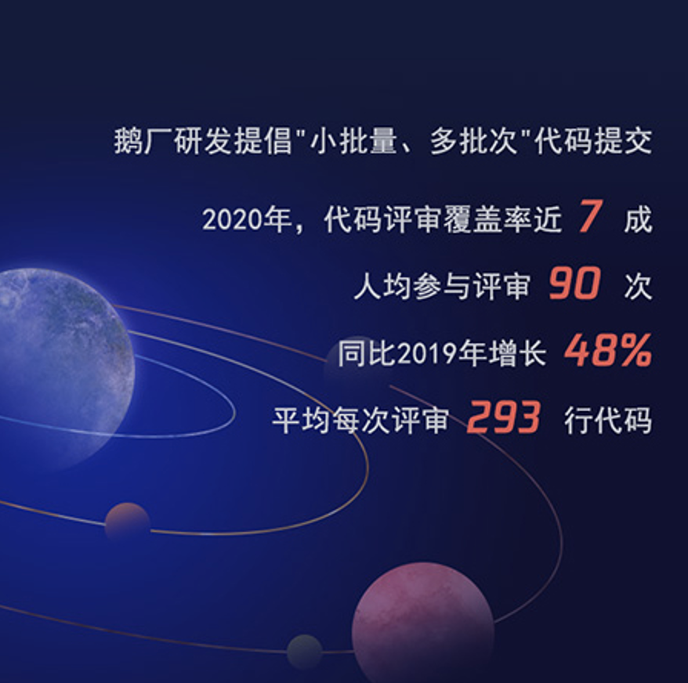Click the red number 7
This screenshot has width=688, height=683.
pos(590,216)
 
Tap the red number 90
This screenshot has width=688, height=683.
pos(574,284)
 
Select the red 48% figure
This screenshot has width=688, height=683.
pos(608,350)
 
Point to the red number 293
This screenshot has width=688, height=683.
pos(503,417)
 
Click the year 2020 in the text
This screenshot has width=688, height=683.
pos(232,220)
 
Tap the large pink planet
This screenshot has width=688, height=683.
pos(423,623)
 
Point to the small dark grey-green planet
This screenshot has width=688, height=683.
pos(305,652)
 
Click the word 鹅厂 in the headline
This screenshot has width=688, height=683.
pos(143,141)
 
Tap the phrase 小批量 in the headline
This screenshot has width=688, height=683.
pos(353,141)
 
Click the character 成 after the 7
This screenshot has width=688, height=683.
pos(638,220)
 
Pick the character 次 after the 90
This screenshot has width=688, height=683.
pos(638,287)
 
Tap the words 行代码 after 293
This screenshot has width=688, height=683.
pos(608,421)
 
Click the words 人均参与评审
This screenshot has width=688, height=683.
pos(442,287)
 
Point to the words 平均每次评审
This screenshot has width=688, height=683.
pos(360,421)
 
